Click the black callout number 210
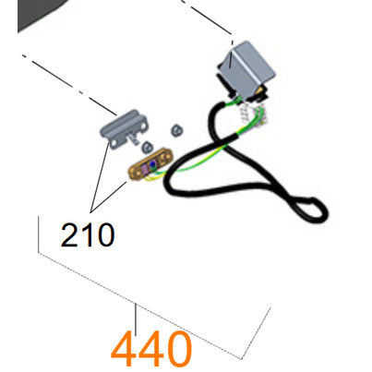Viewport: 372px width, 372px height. (88, 234)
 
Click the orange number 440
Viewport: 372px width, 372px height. (151, 349)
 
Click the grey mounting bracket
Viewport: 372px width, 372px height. (124, 128)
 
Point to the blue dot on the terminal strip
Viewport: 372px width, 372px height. (152, 166)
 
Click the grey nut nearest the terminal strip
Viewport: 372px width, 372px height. (148, 147)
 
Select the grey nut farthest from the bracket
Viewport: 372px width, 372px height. (177, 130)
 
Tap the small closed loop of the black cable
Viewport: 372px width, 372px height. (311, 209)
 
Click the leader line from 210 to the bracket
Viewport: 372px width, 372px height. (100, 176)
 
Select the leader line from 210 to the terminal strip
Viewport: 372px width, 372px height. (109, 197)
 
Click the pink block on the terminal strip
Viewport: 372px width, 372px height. (144, 168)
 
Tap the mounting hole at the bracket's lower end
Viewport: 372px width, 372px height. (114, 143)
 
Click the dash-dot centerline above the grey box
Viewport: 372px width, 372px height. (207, 18)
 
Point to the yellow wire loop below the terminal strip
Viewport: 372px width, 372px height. (147, 179)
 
